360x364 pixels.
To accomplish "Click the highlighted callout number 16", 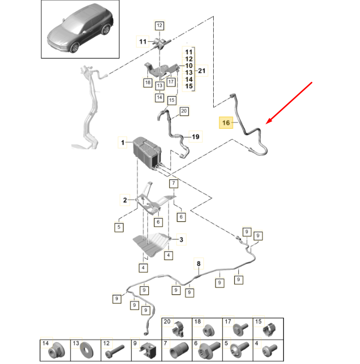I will (225, 123).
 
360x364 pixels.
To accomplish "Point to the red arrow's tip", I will (266, 125).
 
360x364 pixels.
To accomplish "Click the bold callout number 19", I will (195, 137).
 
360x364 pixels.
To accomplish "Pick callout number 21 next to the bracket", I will (202, 72).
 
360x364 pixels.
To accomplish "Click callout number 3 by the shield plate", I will (181, 239).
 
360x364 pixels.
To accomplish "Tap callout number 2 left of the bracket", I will (124, 200).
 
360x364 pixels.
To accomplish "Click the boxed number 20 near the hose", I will (183, 112).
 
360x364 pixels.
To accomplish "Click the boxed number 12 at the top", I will (159, 25).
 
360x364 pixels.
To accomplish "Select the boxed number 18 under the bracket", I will (147, 83).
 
